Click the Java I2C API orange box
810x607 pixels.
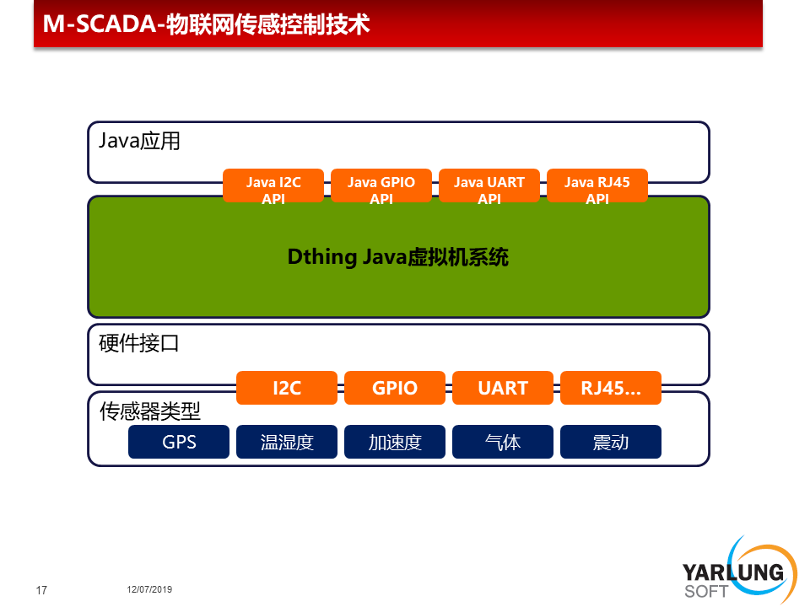click(273, 185)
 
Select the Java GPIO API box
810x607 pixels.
click(381, 185)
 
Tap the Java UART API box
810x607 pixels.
click(489, 185)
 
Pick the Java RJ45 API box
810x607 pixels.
click(597, 185)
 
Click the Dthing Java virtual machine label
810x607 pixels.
click(397, 257)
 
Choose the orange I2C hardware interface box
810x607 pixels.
click(287, 388)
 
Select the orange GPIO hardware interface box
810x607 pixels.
click(395, 388)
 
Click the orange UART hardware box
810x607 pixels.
click(503, 388)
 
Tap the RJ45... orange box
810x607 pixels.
click(611, 388)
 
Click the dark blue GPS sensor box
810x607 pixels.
click(179, 442)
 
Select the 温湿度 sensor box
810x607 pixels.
click(287, 442)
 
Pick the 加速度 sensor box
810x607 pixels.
click(395, 442)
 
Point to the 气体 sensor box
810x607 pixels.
click(503, 442)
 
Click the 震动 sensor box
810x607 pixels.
click(611, 442)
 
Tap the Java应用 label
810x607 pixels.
click(139, 141)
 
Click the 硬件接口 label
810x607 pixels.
click(139, 343)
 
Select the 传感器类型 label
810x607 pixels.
click(150, 411)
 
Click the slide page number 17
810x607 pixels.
click(41, 590)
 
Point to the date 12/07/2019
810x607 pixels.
click(149, 589)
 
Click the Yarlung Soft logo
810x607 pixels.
click(739, 571)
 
